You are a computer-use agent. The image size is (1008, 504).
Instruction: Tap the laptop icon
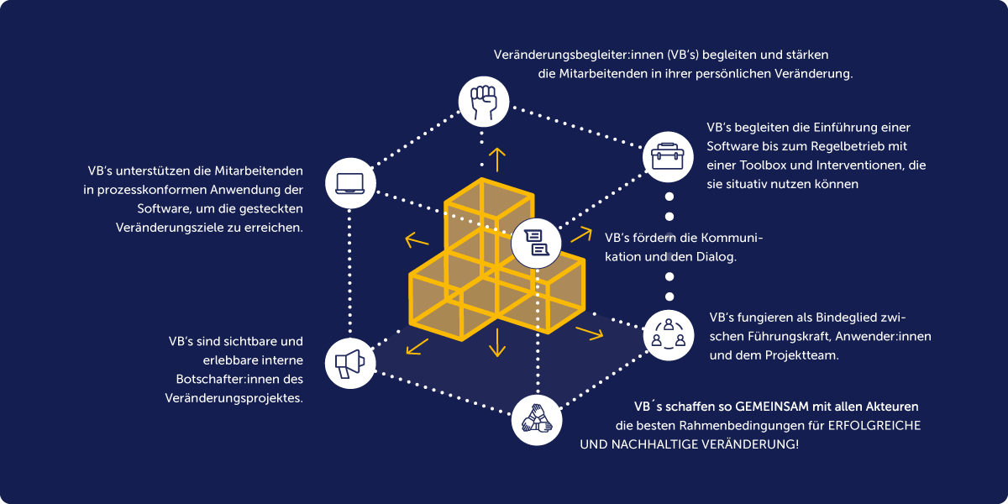pyautogui.click(x=349, y=182)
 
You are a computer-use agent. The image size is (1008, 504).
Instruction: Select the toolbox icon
pyautogui.click(x=669, y=155)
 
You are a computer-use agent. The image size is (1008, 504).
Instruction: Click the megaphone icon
pyautogui.click(x=349, y=363)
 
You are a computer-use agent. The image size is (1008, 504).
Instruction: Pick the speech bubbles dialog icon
pyautogui.click(x=536, y=242)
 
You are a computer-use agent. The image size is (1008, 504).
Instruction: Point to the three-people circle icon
pyautogui.click(x=669, y=333)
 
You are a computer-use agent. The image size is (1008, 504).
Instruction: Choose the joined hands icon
pyautogui.click(x=536, y=418)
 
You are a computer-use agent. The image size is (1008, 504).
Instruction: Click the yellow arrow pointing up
pyautogui.click(x=497, y=158)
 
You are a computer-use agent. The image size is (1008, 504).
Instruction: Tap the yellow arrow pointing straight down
pyautogui.click(x=497, y=343)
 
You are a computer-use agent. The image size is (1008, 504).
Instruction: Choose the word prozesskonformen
pyautogui.click(x=156, y=190)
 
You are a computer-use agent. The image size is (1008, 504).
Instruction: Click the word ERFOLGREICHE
pyautogui.click(x=874, y=426)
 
